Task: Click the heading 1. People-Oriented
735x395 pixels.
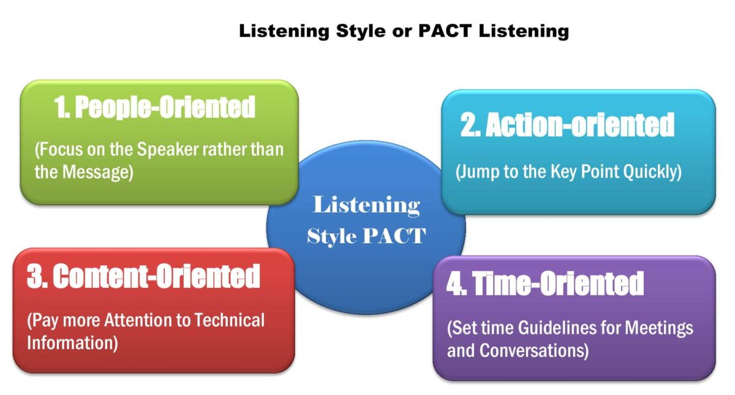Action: [x=154, y=108]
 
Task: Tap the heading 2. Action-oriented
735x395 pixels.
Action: [x=567, y=126]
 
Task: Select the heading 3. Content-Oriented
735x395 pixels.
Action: [x=143, y=277]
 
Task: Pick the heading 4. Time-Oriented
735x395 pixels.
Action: [x=545, y=284]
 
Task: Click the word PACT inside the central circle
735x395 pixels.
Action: [x=395, y=236]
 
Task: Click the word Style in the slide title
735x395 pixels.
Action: [x=365, y=31]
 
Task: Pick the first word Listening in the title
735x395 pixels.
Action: [x=284, y=31]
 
